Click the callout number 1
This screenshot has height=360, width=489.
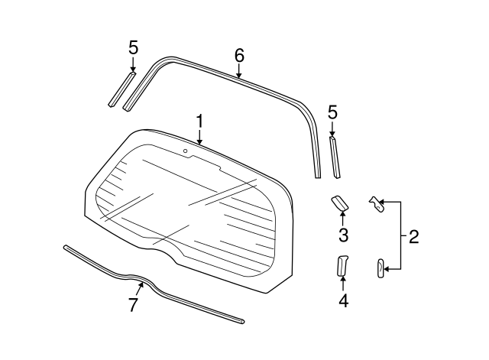click(199, 122)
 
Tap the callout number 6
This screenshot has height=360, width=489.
click(239, 55)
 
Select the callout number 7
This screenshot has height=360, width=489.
click(133, 305)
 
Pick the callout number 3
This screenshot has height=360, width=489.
click(343, 234)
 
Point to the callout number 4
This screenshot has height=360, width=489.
click(343, 300)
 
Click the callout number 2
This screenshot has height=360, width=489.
click(413, 236)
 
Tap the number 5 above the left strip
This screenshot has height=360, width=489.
click(133, 47)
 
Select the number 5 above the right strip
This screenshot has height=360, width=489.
click(332, 112)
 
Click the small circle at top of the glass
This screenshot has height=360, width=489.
click(186, 151)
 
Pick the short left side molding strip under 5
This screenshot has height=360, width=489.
click(122, 89)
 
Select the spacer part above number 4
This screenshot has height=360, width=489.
click(342, 264)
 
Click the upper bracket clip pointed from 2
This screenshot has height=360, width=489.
click(374, 205)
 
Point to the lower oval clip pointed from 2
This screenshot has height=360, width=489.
click(381, 268)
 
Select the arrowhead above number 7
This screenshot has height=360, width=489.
click(141, 285)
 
